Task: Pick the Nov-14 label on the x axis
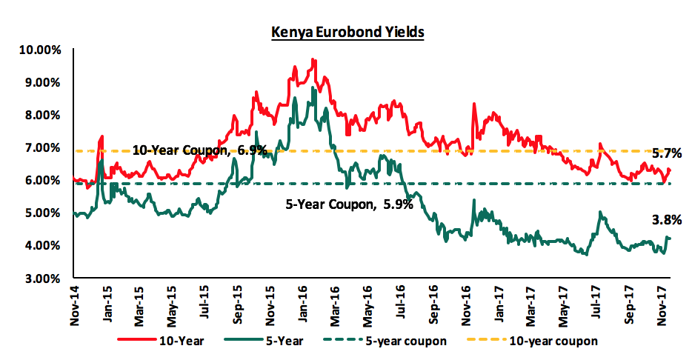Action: (x=77, y=301)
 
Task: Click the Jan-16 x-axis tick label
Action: (x=305, y=301)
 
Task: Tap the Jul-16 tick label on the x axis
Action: (x=402, y=301)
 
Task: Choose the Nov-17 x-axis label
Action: (x=662, y=301)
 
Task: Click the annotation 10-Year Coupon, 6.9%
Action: (x=199, y=150)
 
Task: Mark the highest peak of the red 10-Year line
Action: (x=313, y=59)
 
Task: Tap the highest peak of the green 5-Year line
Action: (x=313, y=87)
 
